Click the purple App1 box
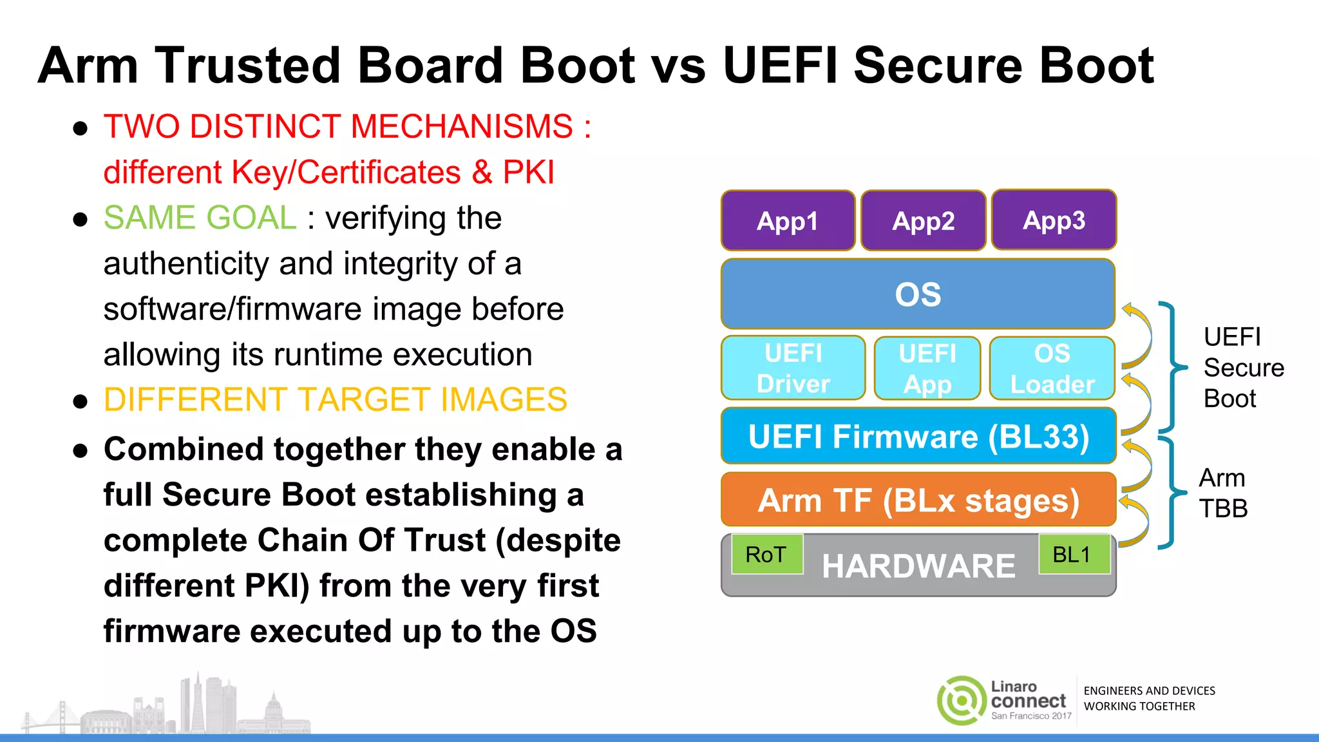[x=788, y=220]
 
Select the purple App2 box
[x=923, y=220]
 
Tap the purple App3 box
[x=1054, y=220]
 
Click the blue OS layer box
[x=918, y=294]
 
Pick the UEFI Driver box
[x=793, y=368]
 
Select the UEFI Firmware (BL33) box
[x=918, y=436]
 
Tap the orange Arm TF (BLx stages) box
[x=918, y=500]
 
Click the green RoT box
[x=766, y=555]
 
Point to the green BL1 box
[x=1073, y=554]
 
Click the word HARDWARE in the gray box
[x=918, y=567]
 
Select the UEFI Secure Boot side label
[x=1242, y=368]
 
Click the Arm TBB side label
[x=1222, y=493]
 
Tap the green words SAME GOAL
[x=200, y=218]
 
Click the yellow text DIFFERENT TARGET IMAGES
[x=335, y=400]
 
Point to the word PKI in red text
[x=528, y=173]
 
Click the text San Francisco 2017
[x=1031, y=716]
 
